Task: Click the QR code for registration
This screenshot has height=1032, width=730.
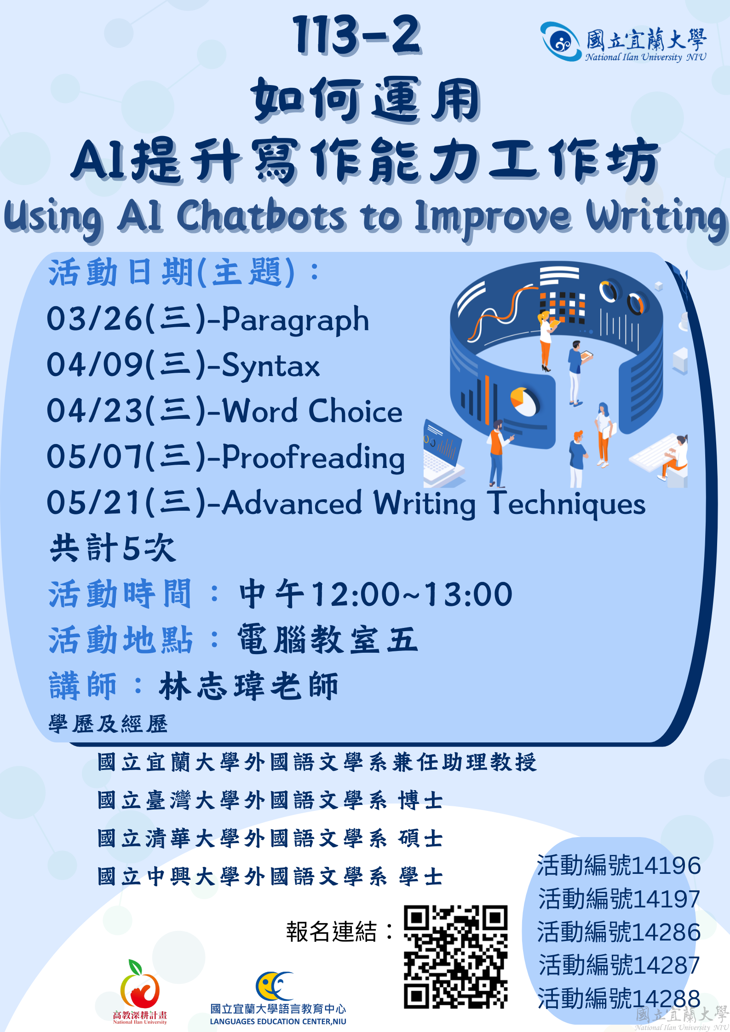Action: point(455,957)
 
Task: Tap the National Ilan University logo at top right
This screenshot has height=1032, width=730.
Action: point(623,42)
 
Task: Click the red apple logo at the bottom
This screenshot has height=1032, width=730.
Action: point(140,984)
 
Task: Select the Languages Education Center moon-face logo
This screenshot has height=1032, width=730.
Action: point(275,986)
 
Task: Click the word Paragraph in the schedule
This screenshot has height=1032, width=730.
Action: point(295,320)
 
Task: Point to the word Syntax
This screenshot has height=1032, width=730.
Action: point(270,365)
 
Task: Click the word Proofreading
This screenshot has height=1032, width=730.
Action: point(313,457)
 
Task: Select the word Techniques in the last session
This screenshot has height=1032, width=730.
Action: point(567,503)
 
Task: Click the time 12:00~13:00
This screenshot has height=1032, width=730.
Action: point(412,594)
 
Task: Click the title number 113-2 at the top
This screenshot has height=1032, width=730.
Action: point(356,34)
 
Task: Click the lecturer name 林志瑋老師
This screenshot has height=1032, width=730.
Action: point(248,686)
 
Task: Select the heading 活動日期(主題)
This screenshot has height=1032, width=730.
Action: point(172,272)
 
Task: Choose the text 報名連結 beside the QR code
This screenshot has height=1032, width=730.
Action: point(331,932)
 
